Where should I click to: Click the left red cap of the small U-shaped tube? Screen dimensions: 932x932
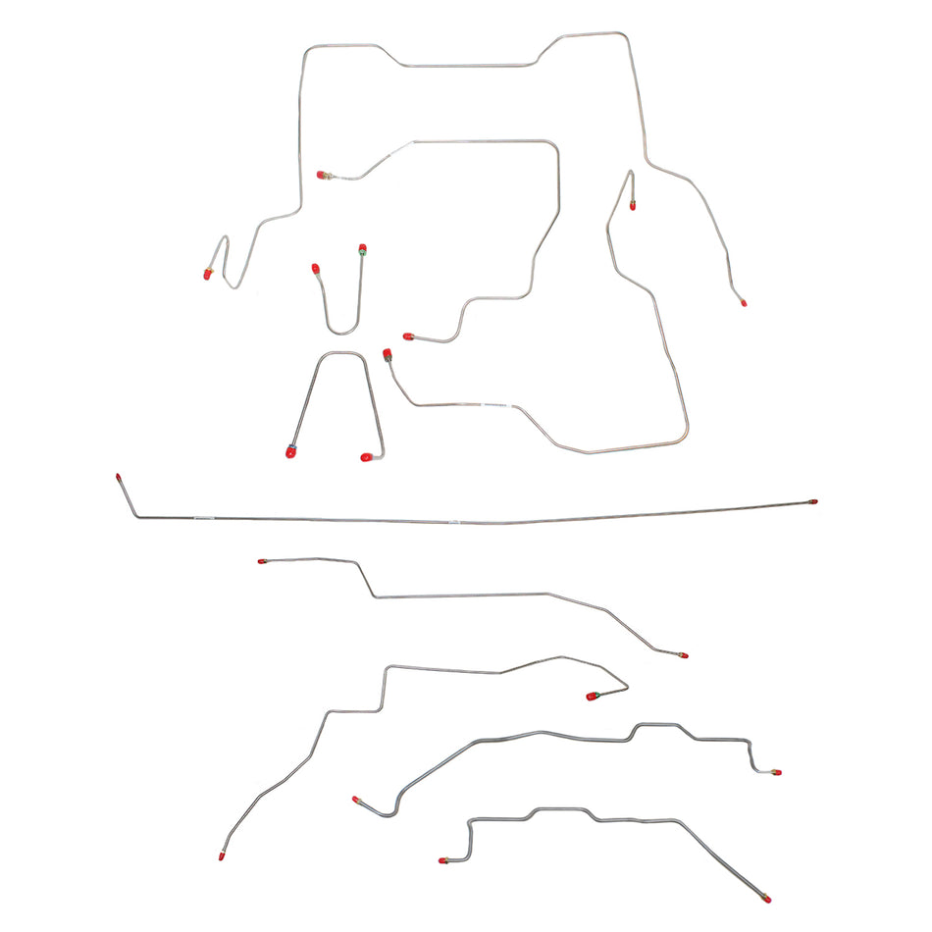click(315, 267)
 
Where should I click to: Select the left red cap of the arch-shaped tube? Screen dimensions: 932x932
click(290, 452)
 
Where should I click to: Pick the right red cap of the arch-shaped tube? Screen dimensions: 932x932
click(367, 457)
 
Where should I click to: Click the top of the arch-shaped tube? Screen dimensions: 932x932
click(341, 354)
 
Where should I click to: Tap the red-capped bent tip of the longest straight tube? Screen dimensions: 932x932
click(118, 477)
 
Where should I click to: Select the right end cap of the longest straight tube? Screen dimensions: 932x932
click(813, 501)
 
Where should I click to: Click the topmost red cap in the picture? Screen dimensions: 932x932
click(321, 175)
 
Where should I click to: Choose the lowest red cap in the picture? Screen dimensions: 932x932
click(766, 899)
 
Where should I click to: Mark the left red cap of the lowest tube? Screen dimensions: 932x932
click(442, 860)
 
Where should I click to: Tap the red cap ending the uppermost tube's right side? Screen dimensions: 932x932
click(744, 303)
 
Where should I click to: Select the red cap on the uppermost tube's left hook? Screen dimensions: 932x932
click(208, 274)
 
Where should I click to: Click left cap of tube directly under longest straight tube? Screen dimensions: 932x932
click(262, 561)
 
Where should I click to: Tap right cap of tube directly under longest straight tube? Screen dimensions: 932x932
click(684, 654)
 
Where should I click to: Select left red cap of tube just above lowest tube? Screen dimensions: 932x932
click(356, 800)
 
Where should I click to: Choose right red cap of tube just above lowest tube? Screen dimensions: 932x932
click(777, 772)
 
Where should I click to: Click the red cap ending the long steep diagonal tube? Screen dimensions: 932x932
click(223, 856)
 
